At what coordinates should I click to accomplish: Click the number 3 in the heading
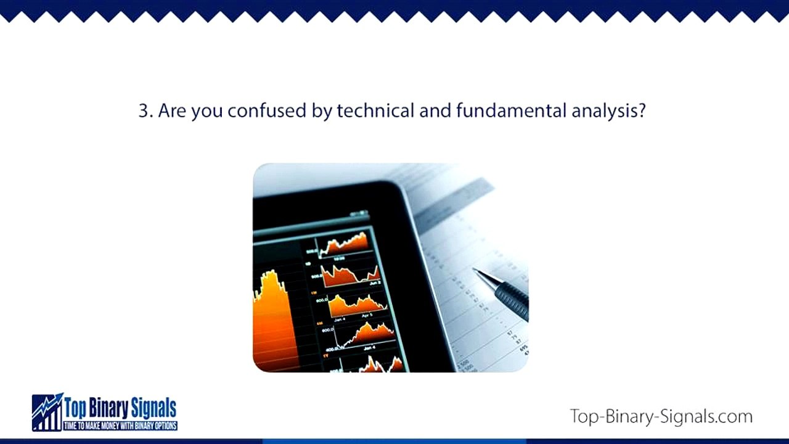click(143, 111)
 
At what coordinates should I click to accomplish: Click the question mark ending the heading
click(642, 111)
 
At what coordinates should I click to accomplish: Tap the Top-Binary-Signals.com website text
click(661, 416)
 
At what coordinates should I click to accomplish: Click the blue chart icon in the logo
click(47, 412)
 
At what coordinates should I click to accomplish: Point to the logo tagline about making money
click(120, 426)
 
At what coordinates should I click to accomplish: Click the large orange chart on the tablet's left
click(271, 314)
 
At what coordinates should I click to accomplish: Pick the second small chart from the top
click(350, 274)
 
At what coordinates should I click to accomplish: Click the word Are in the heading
click(173, 111)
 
